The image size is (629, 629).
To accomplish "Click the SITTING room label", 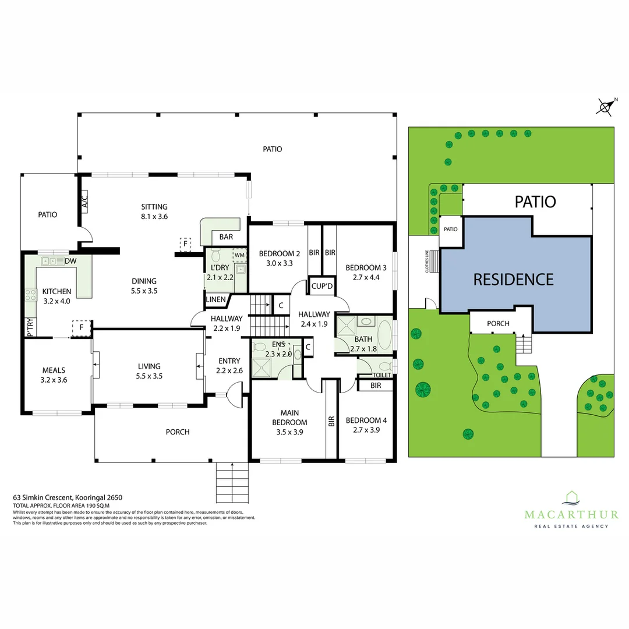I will click(x=154, y=207).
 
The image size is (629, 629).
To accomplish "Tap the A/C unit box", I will click(x=84, y=202).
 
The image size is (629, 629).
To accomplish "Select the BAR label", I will click(x=225, y=237).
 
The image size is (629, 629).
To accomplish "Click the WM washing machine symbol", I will click(x=239, y=255).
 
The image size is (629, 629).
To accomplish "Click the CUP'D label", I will click(x=321, y=286).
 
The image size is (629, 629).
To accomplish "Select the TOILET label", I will click(x=382, y=375).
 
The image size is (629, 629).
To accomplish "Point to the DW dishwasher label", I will click(x=71, y=262).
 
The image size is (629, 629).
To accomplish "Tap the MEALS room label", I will click(x=53, y=370).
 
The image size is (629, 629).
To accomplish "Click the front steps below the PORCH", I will click(x=232, y=480).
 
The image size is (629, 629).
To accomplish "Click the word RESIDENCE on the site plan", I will click(x=513, y=280).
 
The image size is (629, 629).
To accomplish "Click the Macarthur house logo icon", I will click(x=571, y=497).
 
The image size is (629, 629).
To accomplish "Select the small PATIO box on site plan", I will click(x=451, y=229).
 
